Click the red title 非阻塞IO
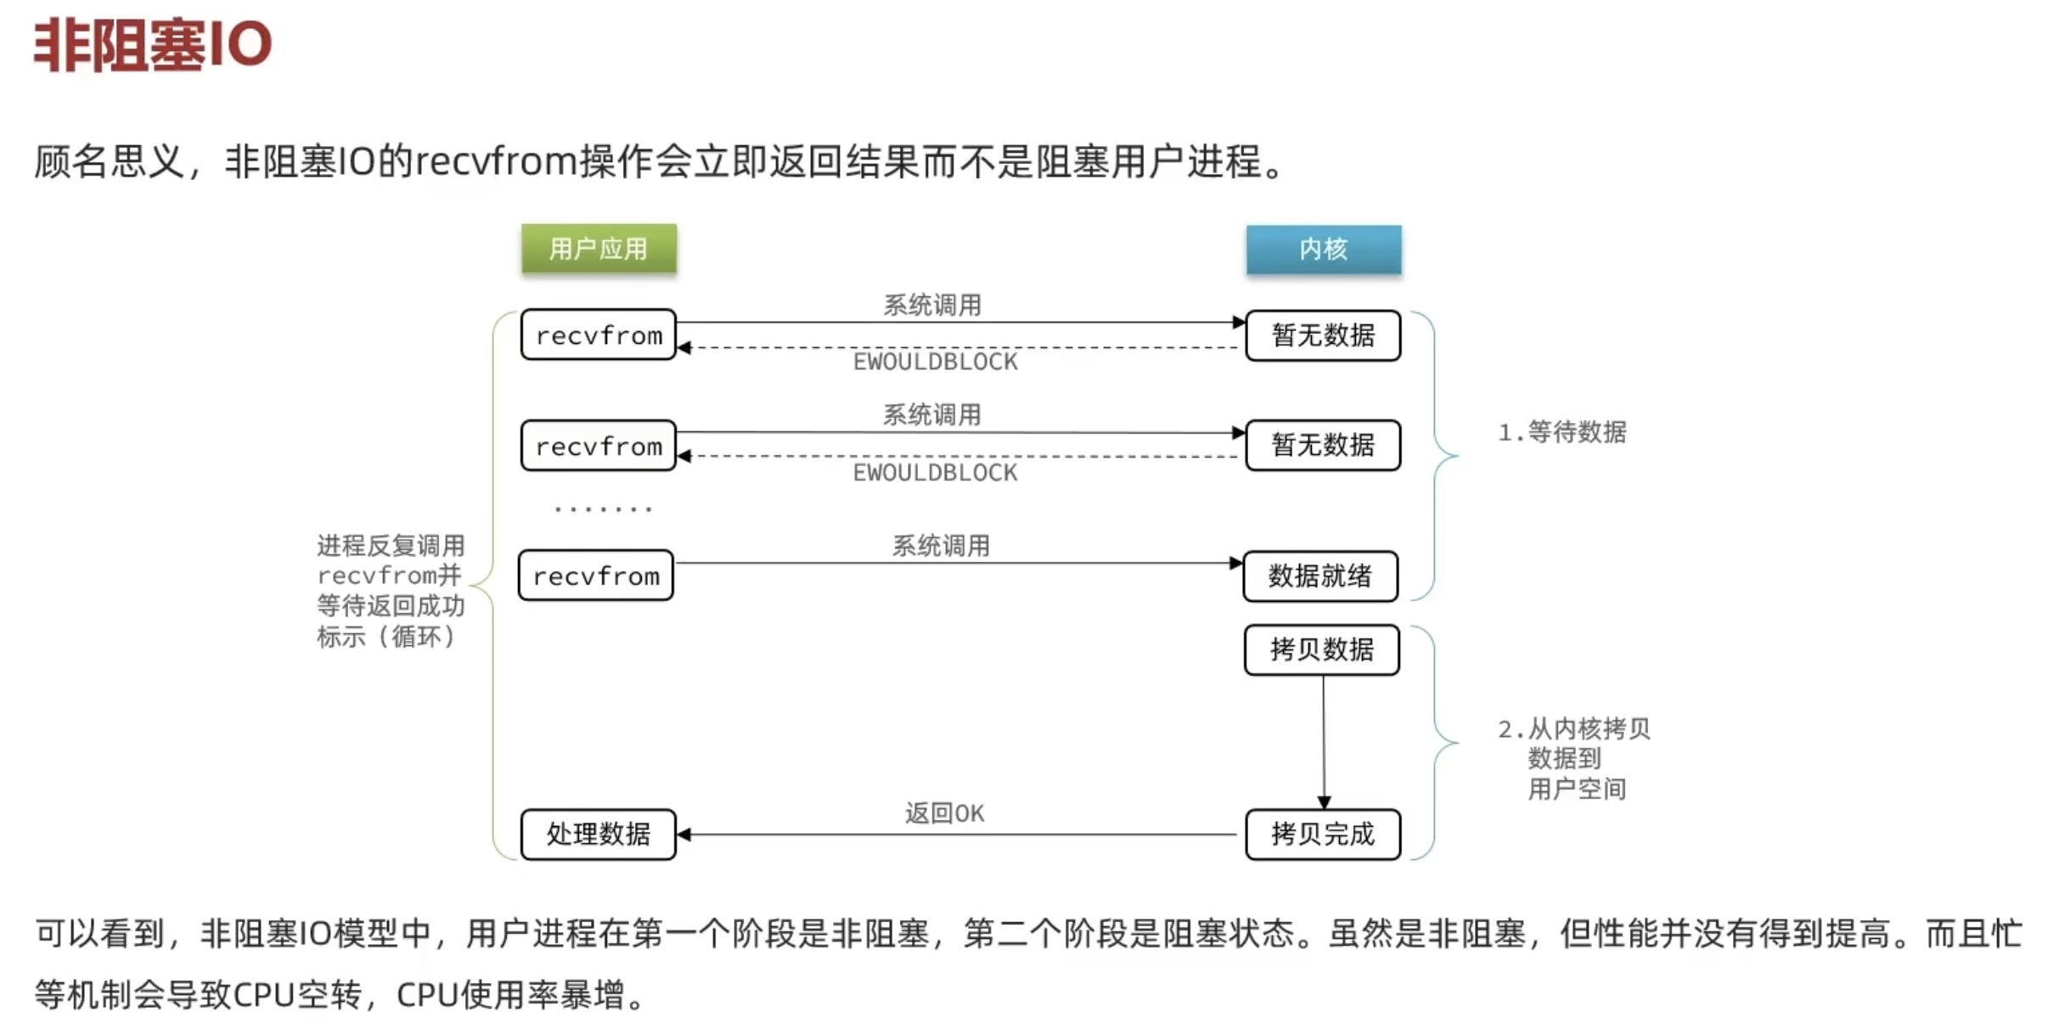tap(153, 44)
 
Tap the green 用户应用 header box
tap(599, 249)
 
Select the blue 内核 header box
tap(1323, 249)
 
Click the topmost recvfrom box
tap(599, 335)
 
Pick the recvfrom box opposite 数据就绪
tap(596, 576)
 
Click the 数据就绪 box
tap(1319, 576)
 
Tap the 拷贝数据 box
tap(1321, 650)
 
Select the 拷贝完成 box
tap(1322, 835)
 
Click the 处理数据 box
tap(599, 835)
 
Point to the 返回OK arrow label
tap(944, 813)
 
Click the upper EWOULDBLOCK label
tap(935, 363)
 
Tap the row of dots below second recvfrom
tap(603, 509)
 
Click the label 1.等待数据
tap(1562, 432)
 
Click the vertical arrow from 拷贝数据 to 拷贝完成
tap(1323, 739)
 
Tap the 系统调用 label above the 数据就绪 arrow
tap(941, 546)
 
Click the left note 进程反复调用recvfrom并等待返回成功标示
tap(391, 591)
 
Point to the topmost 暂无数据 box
tap(1322, 335)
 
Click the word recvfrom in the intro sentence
tap(497, 161)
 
